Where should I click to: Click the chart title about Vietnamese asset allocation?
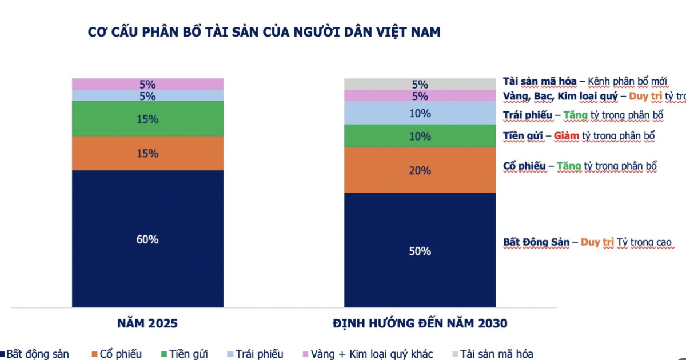click(264, 32)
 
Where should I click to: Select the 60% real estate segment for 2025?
click(147, 239)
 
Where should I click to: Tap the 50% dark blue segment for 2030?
click(420, 250)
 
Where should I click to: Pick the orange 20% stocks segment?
click(420, 170)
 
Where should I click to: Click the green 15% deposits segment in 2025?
click(147, 119)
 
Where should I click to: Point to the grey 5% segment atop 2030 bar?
click(420, 85)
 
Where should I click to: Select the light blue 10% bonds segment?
click(420, 113)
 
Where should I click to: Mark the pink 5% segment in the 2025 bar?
click(147, 84)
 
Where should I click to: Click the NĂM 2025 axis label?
click(147, 323)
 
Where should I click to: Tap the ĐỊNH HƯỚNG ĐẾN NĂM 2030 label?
click(420, 323)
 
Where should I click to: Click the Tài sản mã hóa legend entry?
click(497, 354)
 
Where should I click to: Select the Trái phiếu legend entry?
click(261, 354)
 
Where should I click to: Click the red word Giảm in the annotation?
click(566, 136)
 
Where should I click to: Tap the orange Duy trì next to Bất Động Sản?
click(597, 242)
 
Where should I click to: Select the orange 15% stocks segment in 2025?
click(147, 153)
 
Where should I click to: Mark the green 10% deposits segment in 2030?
click(420, 136)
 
